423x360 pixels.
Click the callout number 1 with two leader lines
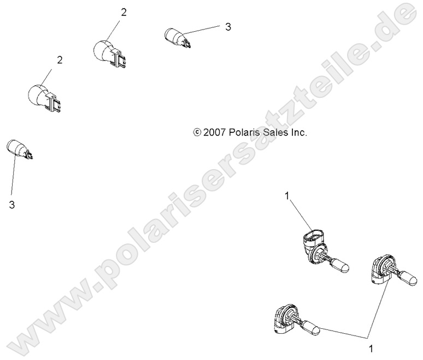(x=372, y=347)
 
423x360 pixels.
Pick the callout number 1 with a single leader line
(x=286, y=195)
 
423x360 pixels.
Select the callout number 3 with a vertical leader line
(x=12, y=206)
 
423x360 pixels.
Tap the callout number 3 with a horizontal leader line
(x=228, y=26)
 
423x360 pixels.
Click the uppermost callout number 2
(x=124, y=12)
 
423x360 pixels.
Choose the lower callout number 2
(x=60, y=60)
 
